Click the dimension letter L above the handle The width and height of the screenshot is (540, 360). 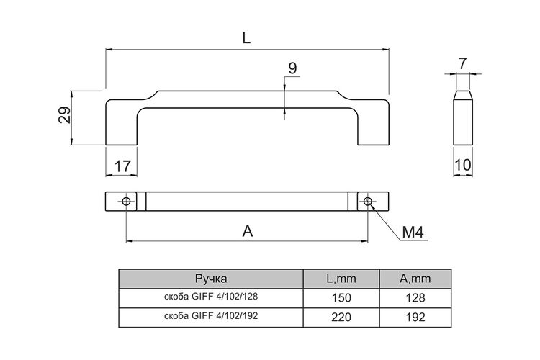click(x=246, y=38)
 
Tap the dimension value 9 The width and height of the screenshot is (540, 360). click(x=292, y=68)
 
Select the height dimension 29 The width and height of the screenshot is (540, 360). click(x=64, y=115)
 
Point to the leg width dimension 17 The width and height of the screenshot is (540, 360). click(x=122, y=166)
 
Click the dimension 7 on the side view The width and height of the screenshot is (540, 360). click(x=462, y=64)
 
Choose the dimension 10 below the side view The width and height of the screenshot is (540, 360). click(x=463, y=166)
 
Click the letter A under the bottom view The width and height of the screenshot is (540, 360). click(x=248, y=231)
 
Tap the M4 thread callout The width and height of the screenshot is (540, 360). click(x=413, y=233)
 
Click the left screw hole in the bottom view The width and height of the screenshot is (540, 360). click(x=126, y=201)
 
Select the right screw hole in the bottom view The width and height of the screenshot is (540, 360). click(x=368, y=201)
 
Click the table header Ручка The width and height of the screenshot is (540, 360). click(x=211, y=279)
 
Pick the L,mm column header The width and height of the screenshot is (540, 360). click(x=341, y=279)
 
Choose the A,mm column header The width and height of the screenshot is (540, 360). click(x=415, y=279)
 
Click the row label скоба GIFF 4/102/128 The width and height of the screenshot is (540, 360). click(x=211, y=296)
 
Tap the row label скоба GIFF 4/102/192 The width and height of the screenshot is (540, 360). click(x=211, y=315)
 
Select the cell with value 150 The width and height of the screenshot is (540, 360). click(x=341, y=297)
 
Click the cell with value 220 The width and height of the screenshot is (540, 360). click(x=341, y=317)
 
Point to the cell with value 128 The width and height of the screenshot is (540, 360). click(x=415, y=297)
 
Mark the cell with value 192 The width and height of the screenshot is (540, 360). click(x=415, y=317)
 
